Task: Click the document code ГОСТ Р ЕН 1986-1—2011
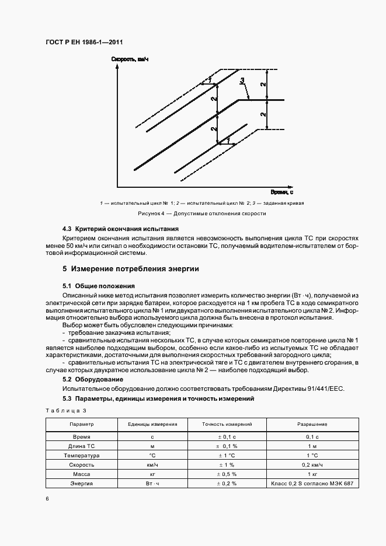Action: click(x=83, y=42)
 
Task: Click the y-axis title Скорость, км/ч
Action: click(x=128, y=59)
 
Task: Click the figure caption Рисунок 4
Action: click(x=193, y=213)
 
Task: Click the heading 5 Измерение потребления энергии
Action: click(x=131, y=269)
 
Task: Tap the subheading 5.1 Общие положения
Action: click(x=99, y=286)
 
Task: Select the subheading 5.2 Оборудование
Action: click(x=93, y=379)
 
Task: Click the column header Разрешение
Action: click(x=312, y=425)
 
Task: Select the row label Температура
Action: click(x=82, y=455)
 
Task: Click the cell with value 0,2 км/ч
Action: click(x=312, y=465)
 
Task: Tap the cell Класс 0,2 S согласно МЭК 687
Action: click(x=312, y=484)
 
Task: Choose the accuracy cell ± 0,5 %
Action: click(x=227, y=475)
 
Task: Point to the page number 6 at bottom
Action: click(x=47, y=499)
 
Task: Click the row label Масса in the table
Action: click(x=82, y=475)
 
